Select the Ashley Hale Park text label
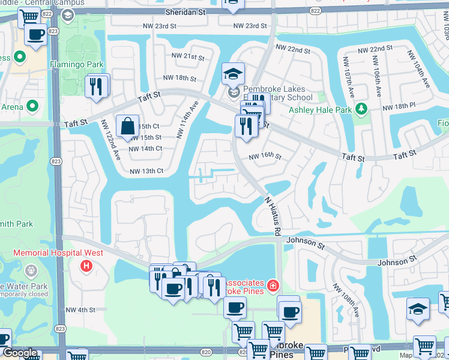[x=321, y=110]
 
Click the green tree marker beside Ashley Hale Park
[x=361, y=109]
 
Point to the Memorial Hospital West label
[x=58, y=253]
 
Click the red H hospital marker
[x=87, y=265]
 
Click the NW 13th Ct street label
[x=146, y=171]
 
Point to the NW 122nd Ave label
[x=111, y=139]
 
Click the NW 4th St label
[x=81, y=310]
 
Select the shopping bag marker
[x=127, y=127]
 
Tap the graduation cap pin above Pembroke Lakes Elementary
[x=233, y=74]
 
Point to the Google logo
[x=20, y=353]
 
